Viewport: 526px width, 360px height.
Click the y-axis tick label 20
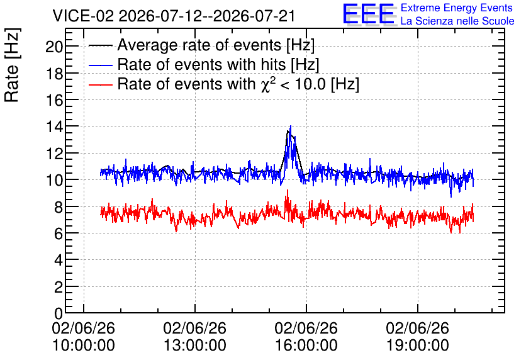tap(54, 47)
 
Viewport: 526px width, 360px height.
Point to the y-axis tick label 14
tap(54, 127)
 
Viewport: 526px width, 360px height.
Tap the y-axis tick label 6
tap(59, 233)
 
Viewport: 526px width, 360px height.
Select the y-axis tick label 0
tap(59, 313)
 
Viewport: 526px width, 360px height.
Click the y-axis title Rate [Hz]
tap(12, 65)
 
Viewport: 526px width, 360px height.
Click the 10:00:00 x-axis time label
tap(84, 345)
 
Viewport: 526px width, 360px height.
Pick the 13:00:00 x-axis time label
tap(195, 345)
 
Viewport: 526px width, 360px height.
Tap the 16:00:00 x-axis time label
tap(306, 345)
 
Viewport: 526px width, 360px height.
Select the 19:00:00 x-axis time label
tap(418, 345)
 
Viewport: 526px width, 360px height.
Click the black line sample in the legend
tap(101, 45)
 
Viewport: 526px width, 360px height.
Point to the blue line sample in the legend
tap(101, 65)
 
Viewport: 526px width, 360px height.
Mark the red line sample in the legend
tap(101, 84)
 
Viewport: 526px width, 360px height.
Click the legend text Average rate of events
tap(199, 45)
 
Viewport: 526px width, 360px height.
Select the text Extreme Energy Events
tap(457, 8)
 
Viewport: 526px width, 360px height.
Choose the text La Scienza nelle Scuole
tap(457, 21)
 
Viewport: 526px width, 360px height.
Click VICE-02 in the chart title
tap(83, 16)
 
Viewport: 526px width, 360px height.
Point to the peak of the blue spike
tap(291, 126)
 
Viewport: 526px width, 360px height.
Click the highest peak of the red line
tap(287, 190)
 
